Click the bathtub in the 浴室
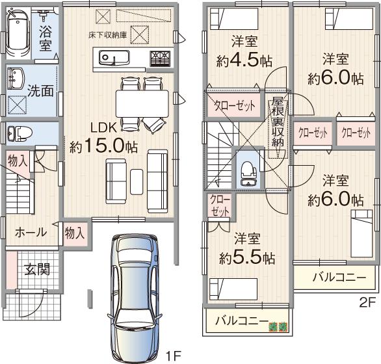click(x=18, y=36)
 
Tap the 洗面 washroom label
click(x=41, y=90)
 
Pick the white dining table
click(x=141, y=101)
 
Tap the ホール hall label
click(x=30, y=232)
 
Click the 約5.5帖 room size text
click(x=247, y=257)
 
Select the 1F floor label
click(x=172, y=355)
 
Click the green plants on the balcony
click(x=278, y=325)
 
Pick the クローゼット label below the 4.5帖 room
click(x=235, y=106)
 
